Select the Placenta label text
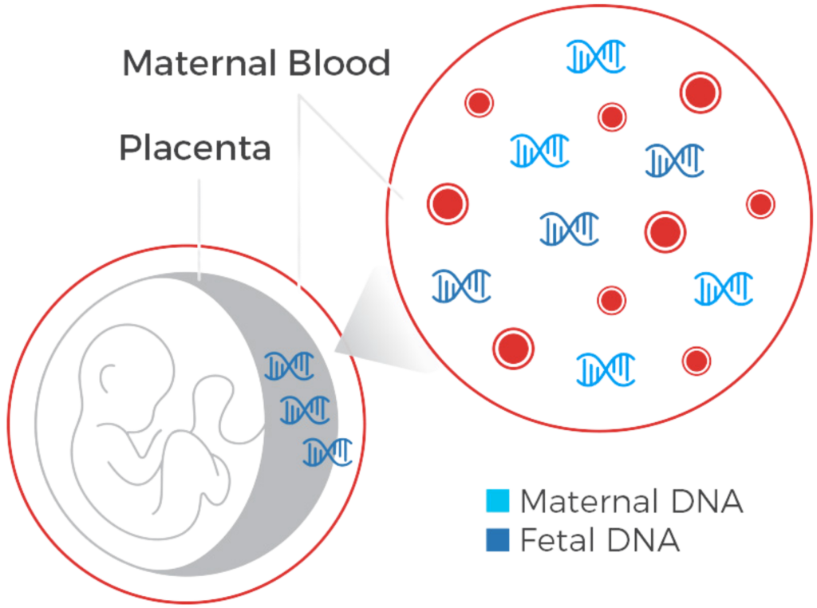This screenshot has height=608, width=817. (x=195, y=148)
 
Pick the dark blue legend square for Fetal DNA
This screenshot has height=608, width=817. (x=495, y=542)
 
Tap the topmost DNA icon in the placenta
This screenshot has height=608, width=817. (x=290, y=366)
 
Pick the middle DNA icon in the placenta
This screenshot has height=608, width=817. (x=306, y=409)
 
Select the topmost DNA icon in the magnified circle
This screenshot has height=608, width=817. (x=596, y=55)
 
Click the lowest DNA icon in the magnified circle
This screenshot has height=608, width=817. (x=606, y=369)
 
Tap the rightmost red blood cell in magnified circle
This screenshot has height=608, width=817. (x=760, y=203)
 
